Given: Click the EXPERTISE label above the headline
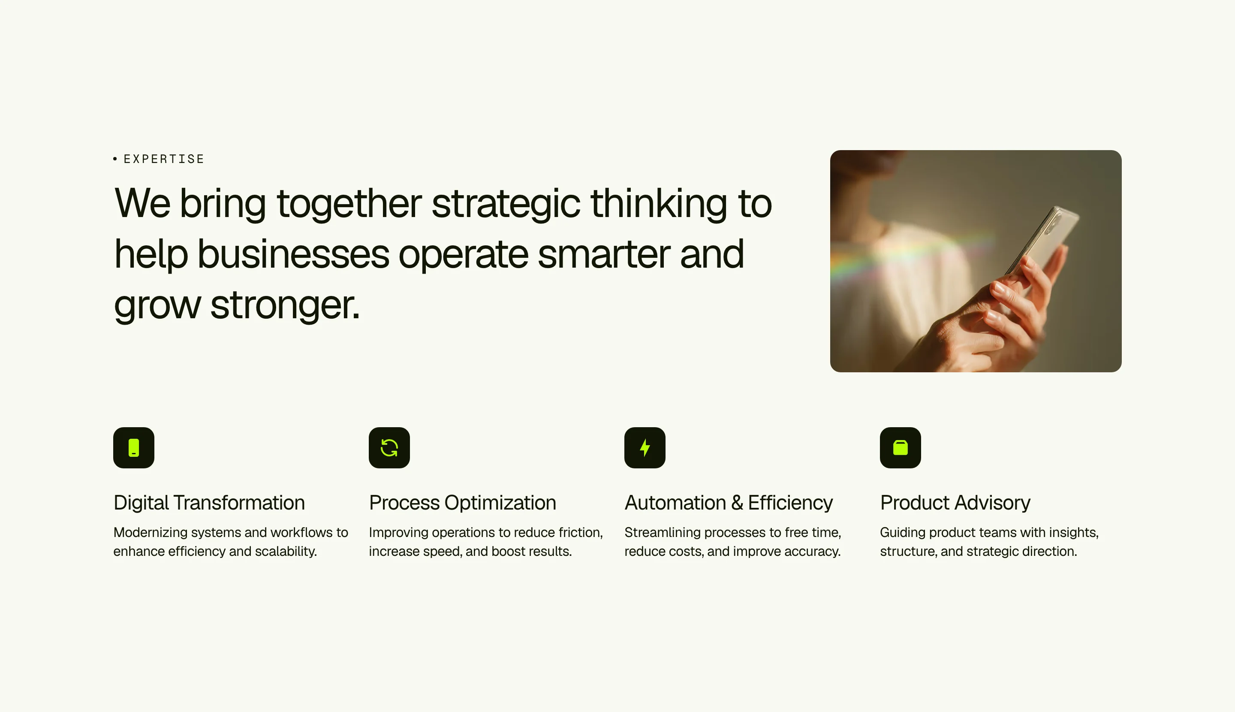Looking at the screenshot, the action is click(x=164, y=159).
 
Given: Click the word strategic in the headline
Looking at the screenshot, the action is click(x=506, y=205).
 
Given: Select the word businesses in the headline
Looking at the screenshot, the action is click(x=293, y=254).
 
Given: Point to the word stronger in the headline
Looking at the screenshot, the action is click(x=285, y=305).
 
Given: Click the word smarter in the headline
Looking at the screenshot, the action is click(x=604, y=255).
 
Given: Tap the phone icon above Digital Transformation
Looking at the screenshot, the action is click(x=133, y=447).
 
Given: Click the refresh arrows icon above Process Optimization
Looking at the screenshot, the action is click(x=389, y=447).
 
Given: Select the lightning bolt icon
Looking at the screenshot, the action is click(x=645, y=447).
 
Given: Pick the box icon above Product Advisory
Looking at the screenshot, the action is click(x=900, y=447).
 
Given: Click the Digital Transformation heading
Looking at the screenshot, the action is click(x=209, y=503).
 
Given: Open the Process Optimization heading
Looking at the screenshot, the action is click(x=463, y=503).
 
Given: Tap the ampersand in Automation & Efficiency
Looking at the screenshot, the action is click(x=737, y=503).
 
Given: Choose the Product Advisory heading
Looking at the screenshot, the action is click(x=955, y=503).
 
